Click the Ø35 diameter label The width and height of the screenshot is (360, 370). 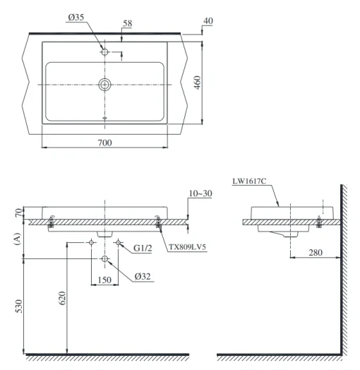[x=76, y=18]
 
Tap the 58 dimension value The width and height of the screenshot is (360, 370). [x=127, y=23]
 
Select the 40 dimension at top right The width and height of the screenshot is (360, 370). [x=208, y=21]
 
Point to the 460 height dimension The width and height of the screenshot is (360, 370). [x=198, y=83]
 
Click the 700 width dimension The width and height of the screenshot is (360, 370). [x=104, y=143]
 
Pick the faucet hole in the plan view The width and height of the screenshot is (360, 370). [x=104, y=52]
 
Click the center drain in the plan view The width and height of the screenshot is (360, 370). [x=104, y=85]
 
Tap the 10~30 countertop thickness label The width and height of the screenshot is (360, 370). [x=200, y=193]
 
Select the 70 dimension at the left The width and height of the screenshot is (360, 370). [x=19, y=213]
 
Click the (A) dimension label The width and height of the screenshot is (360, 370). [x=18, y=239]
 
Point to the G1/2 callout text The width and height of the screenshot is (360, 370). [x=143, y=248]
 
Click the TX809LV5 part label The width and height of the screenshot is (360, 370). [x=187, y=247]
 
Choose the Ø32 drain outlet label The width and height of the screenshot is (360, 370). [x=143, y=276]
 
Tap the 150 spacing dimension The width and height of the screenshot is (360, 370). [x=104, y=280]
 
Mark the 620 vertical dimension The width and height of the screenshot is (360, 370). [x=62, y=298]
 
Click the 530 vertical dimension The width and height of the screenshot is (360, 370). [x=18, y=306]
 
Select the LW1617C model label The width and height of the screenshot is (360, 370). [x=249, y=181]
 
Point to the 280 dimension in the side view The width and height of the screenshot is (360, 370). [x=316, y=253]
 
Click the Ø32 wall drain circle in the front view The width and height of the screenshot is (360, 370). [x=104, y=259]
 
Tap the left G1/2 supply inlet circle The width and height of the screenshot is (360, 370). [x=91, y=242]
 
